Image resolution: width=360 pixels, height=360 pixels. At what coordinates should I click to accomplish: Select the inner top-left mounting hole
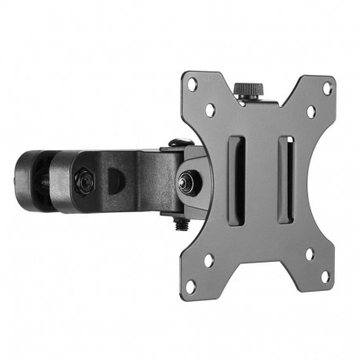click(x=211, y=112)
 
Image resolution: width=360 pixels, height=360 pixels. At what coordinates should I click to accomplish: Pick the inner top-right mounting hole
click(x=310, y=112)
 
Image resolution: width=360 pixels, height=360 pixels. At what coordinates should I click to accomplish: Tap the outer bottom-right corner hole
click(x=324, y=276)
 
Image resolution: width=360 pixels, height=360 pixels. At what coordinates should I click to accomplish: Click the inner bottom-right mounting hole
click(x=309, y=254)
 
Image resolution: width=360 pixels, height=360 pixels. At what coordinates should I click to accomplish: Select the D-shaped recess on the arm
click(x=114, y=178)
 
